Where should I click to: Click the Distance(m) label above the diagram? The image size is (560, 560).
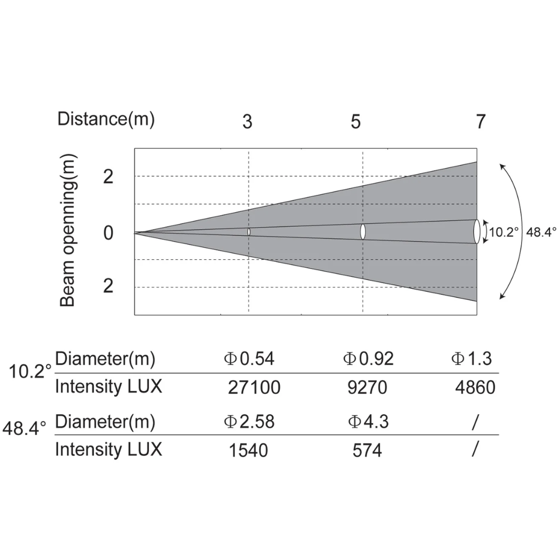click(106, 119)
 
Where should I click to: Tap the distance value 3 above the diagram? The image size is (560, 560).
click(247, 122)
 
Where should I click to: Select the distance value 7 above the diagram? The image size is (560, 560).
click(481, 122)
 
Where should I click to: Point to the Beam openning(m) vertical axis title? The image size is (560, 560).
click(68, 231)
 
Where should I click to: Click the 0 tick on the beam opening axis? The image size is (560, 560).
click(108, 233)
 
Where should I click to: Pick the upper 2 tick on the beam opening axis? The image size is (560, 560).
click(108, 177)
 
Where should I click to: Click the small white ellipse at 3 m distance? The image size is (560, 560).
click(249, 232)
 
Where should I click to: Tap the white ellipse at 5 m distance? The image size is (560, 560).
click(362, 232)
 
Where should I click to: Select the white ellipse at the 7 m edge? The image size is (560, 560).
click(477, 231)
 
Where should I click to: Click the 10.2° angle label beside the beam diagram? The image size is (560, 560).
click(504, 232)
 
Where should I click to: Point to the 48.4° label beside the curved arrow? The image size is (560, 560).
click(541, 232)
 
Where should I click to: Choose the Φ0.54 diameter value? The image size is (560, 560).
click(249, 359)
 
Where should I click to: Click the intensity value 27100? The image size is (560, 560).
click(254, 388)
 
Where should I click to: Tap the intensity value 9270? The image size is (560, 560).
click(367, 388)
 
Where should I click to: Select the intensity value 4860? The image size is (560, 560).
click(475, 388)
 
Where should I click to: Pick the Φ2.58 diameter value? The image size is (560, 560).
click(249, 422)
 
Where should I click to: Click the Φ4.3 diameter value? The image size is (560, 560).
click(368, 422)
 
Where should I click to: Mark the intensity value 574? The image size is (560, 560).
click(367, 451)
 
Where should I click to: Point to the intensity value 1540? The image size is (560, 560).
click(248, 451)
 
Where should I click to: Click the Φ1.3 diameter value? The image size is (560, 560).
click(471, 359)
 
